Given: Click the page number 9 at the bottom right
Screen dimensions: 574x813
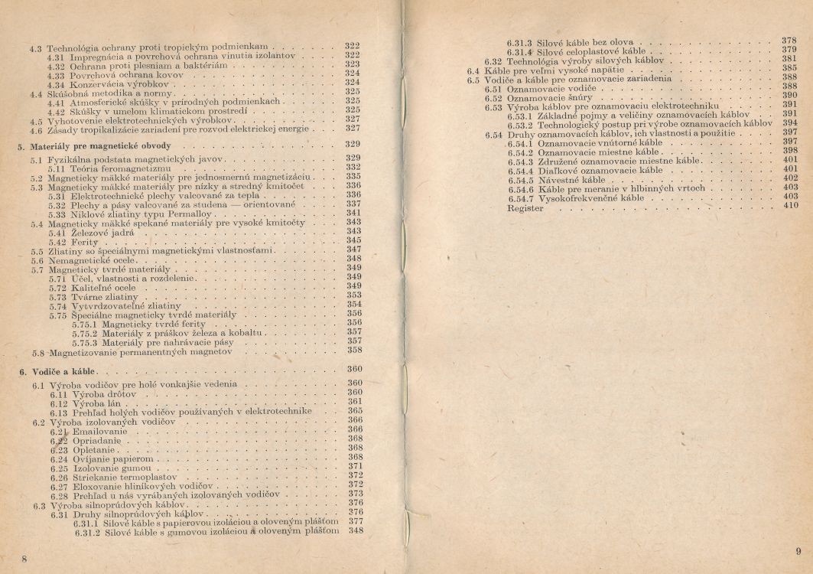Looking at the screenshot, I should [797, 551].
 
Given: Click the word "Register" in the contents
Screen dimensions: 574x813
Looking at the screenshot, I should [525, 207].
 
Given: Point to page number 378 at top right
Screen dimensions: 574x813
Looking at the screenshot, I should [790, 39].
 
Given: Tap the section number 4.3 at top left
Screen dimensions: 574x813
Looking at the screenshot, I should [34, 48].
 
